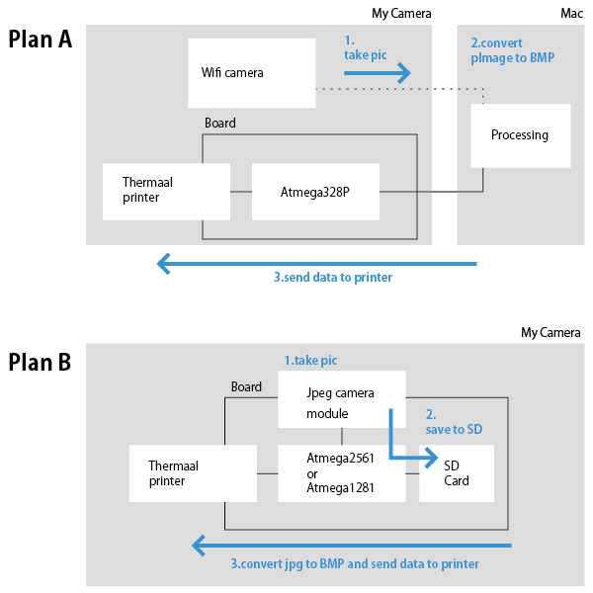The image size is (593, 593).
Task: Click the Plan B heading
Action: tap(41, 363)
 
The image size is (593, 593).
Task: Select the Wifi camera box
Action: tap(251, 73)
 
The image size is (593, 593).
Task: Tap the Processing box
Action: tap(520, 134)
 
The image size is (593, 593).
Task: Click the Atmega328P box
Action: tap(315, 191)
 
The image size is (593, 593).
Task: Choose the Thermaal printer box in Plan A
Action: tap(166, 191)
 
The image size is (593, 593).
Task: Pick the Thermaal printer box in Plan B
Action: tap(193, 473)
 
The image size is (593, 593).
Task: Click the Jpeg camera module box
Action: tap(341, 399)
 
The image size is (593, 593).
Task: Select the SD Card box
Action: tap(457, 473)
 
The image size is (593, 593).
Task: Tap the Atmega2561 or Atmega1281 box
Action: tap(341, 473)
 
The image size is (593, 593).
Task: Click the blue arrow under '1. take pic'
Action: tap(377, 73)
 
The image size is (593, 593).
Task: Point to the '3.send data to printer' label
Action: tap(333, 278)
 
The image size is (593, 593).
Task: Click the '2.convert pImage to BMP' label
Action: tap(512, 50)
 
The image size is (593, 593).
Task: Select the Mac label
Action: tap(571, 13)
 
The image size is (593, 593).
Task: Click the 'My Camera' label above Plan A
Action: tap(401, 13)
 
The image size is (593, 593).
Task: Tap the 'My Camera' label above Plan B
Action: tap(551, 332)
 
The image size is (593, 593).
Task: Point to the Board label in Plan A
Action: tap(220, 124)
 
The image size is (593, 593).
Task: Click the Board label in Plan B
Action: tap(246, 386)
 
